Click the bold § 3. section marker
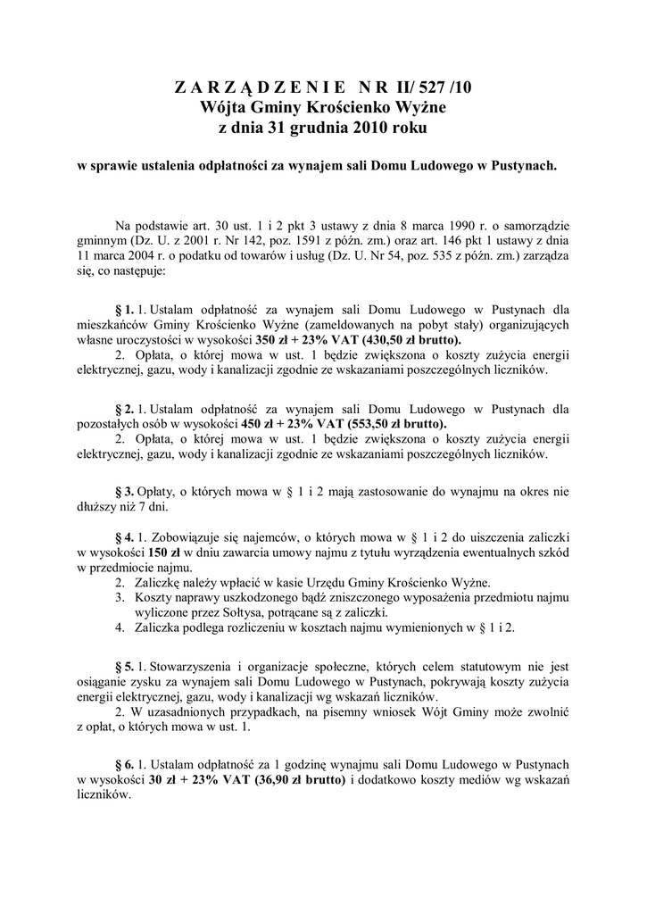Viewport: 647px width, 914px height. [125, 492]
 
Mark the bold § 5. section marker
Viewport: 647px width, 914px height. [125, 665]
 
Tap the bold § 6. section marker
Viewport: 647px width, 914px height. [125, 764]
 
